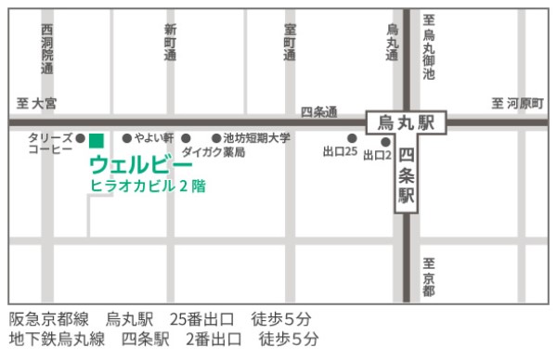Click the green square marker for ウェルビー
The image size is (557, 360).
pos(96,140)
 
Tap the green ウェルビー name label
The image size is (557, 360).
pos(140,164)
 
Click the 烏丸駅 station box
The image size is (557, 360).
pos(406,121)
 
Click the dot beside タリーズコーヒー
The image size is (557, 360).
pos(80,137)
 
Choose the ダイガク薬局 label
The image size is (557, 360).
pos(214,151)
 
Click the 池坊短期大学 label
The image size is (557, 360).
pos(257,137)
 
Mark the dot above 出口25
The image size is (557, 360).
pos(352,138)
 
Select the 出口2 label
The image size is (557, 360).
pos(377,155)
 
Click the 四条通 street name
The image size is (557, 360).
pos(318,111)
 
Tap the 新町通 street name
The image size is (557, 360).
pos(169,43)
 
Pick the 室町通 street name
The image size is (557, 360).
pos(290,43)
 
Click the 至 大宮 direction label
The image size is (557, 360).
pos(37,102)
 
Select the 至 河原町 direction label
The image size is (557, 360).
pos(517,102)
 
